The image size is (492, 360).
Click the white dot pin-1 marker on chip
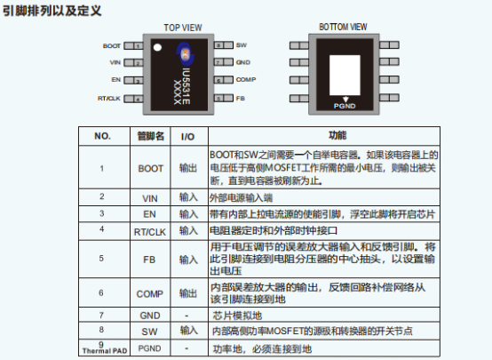click(x=157, y=47)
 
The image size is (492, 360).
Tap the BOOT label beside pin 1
click(x=112, y=46)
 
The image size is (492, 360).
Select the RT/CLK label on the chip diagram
click(x=109, y=99)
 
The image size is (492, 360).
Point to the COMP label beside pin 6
click(x=246, y=79)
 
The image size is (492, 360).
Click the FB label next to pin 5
click(x=241, y=99)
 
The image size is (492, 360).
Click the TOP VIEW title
click(x=183, y=28)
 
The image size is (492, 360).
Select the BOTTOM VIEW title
click(x=343, y=27)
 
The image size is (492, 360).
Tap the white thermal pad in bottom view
click(x=345, y=75)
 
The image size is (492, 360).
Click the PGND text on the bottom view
click(x=345, y=106)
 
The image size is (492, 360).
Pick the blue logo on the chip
click(x=185, y=53)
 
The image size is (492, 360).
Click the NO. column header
click(x=102, y=136)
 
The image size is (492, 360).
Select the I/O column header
click(x=187, y=137)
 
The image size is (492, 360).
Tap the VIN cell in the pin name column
click(x=150, y=198)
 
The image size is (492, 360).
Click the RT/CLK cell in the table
click(x=150, y=232)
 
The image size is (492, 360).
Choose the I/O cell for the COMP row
click(x=188, y=293)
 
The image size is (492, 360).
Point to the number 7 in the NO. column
click(x=101, y=315)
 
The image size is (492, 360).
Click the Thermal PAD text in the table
click(x=105, y=351)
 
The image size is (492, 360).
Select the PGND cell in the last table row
click(x=150, y=348)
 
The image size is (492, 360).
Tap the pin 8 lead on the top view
click(x=224, y=45)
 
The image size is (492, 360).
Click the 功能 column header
click(x=337, y=135)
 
